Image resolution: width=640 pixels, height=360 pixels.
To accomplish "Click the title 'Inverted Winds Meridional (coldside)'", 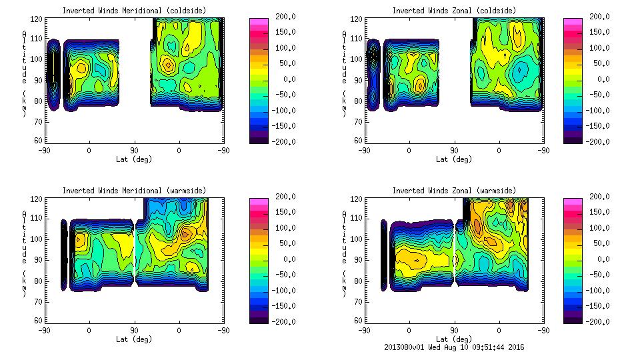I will (x=134, y=11).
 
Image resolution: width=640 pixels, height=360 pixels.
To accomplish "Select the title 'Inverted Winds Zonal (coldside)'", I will (x=454, y=11).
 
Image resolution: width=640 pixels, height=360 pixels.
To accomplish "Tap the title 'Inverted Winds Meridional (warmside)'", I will (x=134, y=191).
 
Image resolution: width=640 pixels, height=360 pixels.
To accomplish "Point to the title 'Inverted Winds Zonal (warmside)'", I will (x=454, y=191).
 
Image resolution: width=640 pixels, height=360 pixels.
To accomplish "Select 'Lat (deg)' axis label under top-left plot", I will (x=134, y=159).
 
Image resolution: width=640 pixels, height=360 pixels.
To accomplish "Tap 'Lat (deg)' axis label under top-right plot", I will (x=454, y=159).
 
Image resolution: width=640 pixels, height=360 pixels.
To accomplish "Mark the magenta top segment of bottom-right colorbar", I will (x=573, y=201).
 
